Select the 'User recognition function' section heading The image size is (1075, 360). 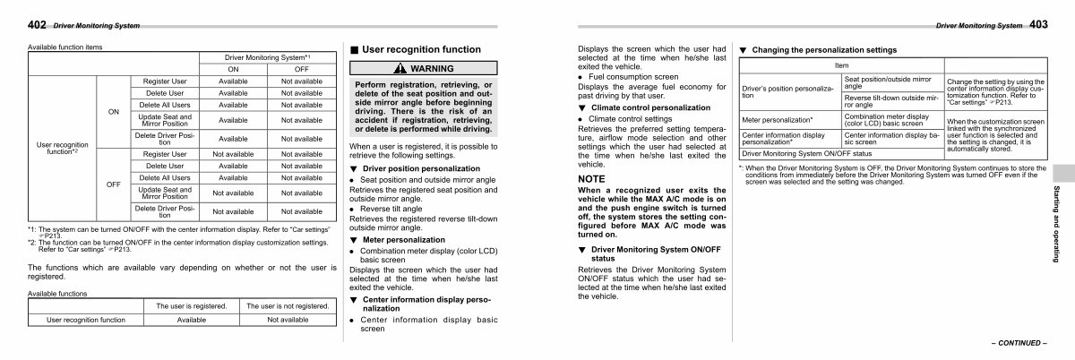pyautogui.click(x=421, y=50)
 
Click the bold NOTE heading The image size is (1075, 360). pyautogui.click(x=592, y=179)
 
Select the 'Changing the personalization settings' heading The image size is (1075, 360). pyautogui.click(x=823, y=49)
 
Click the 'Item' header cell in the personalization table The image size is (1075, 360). pyautogui.click(x=841, y=66)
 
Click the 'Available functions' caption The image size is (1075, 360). pyautogui.click(x=58, y=292)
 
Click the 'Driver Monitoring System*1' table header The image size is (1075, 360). pyautogui.click(x=266, y=56)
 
